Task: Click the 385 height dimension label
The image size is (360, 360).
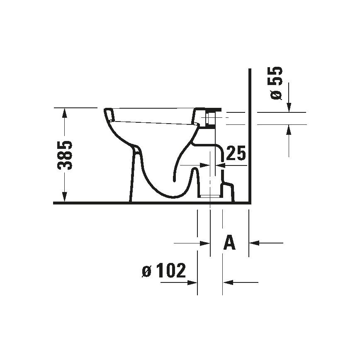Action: (x=65, y=155)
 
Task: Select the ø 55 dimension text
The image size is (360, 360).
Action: (x=276, y=83)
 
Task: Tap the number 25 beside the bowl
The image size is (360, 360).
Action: (x=237, y=154)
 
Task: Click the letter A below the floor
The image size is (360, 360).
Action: (x=229, y=242)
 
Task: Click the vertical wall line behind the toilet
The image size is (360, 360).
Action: (x=250, y=137)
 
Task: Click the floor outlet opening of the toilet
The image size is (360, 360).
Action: (x=210, y=195)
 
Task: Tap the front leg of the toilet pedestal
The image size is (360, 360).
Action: (x=134, y=174)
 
